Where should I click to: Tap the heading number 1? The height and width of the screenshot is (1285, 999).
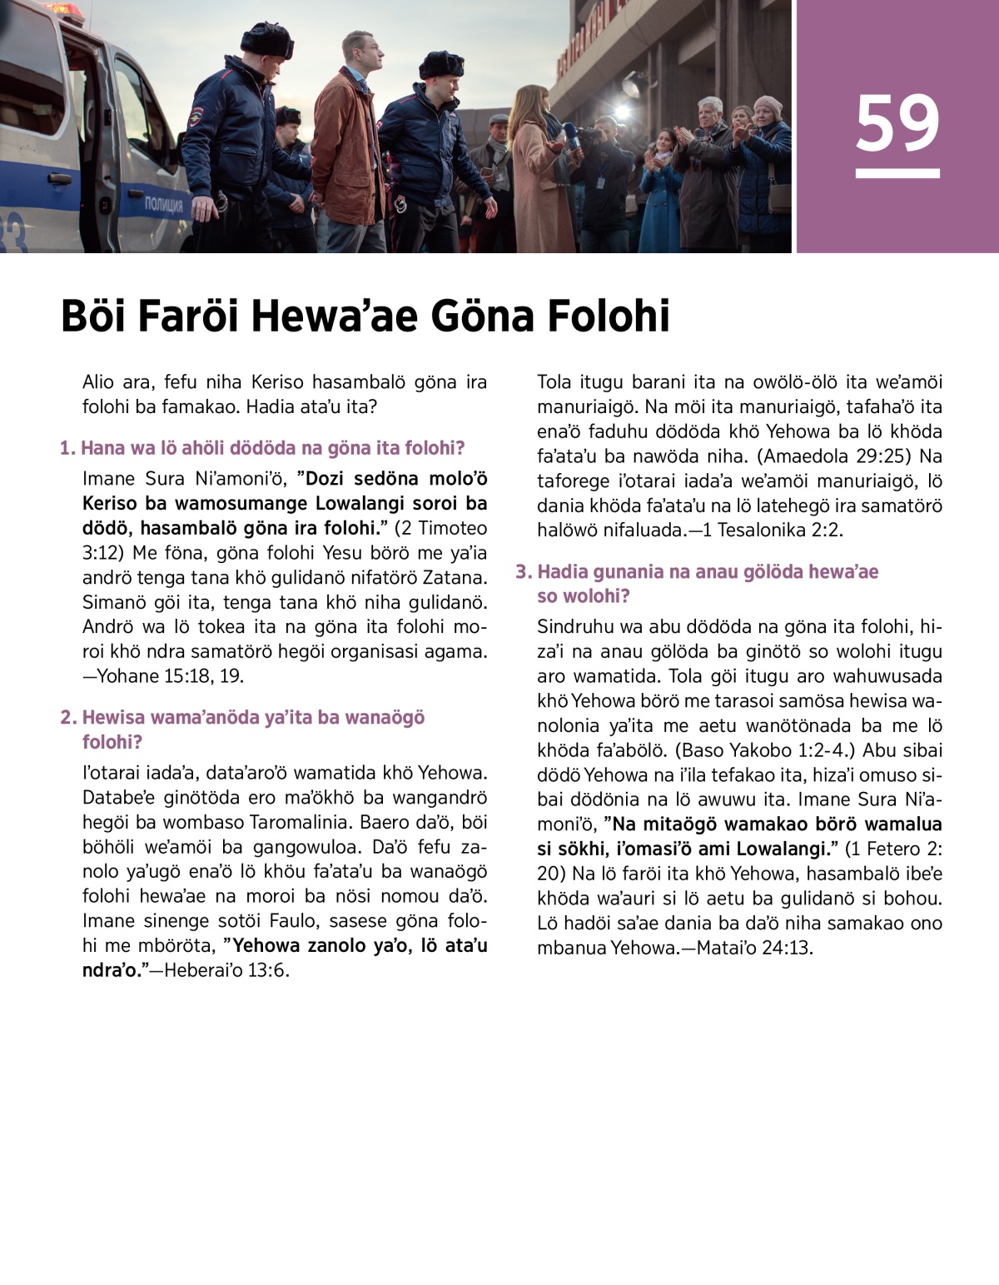coord(67,448)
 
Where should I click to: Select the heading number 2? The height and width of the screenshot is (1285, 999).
coord(67,718)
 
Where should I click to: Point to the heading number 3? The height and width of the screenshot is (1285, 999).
coord(522,572)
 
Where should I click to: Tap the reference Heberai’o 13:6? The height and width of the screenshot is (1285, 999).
coord(226,971)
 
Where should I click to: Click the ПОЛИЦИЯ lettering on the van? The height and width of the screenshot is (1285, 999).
coord(163,204)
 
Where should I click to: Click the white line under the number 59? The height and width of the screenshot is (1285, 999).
coord(897,174)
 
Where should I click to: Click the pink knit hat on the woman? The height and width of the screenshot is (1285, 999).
coord(767,105)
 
